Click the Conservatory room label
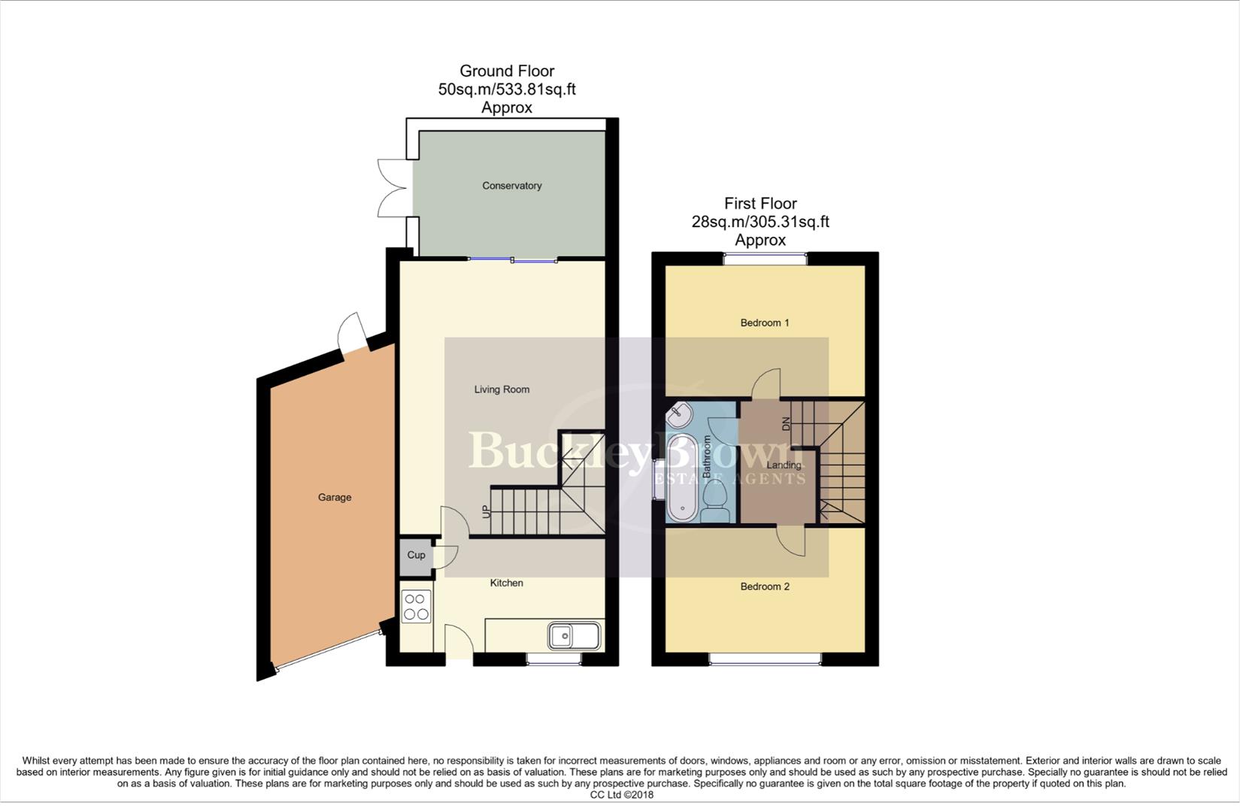pyautogui.click(x=511, y=186)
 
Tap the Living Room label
pyautogui.click(x=502, y=389)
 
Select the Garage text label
pyautogui.click(x=335, y=497)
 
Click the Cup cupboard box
pyautogui.click(x=416, y=556)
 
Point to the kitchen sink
pyautogui.click(x=575, y=636)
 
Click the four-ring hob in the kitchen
pyautogui.click(x=416, y=607)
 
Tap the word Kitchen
pyautogui.click(x=506, y=583)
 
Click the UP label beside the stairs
pyautogui.click(x=486, y=512)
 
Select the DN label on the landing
pyautogui.click(x=787, y=423)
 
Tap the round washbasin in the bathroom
pyautogui.click(x=680, y=414)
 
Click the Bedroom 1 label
pyautogui.click(x=765, y=323)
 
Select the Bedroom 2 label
pyautogui.click(x=765, y=586)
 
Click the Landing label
pyautogui.click(x=784, y=465)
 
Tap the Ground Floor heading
pyautogui.click(x=507, y=71)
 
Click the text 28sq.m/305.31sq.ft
pyautogui.click(x=760, y=222)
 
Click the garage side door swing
pyautogui.click(x=351, y=332)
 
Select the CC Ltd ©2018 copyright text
pyautogui.click(x=621, y=795)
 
